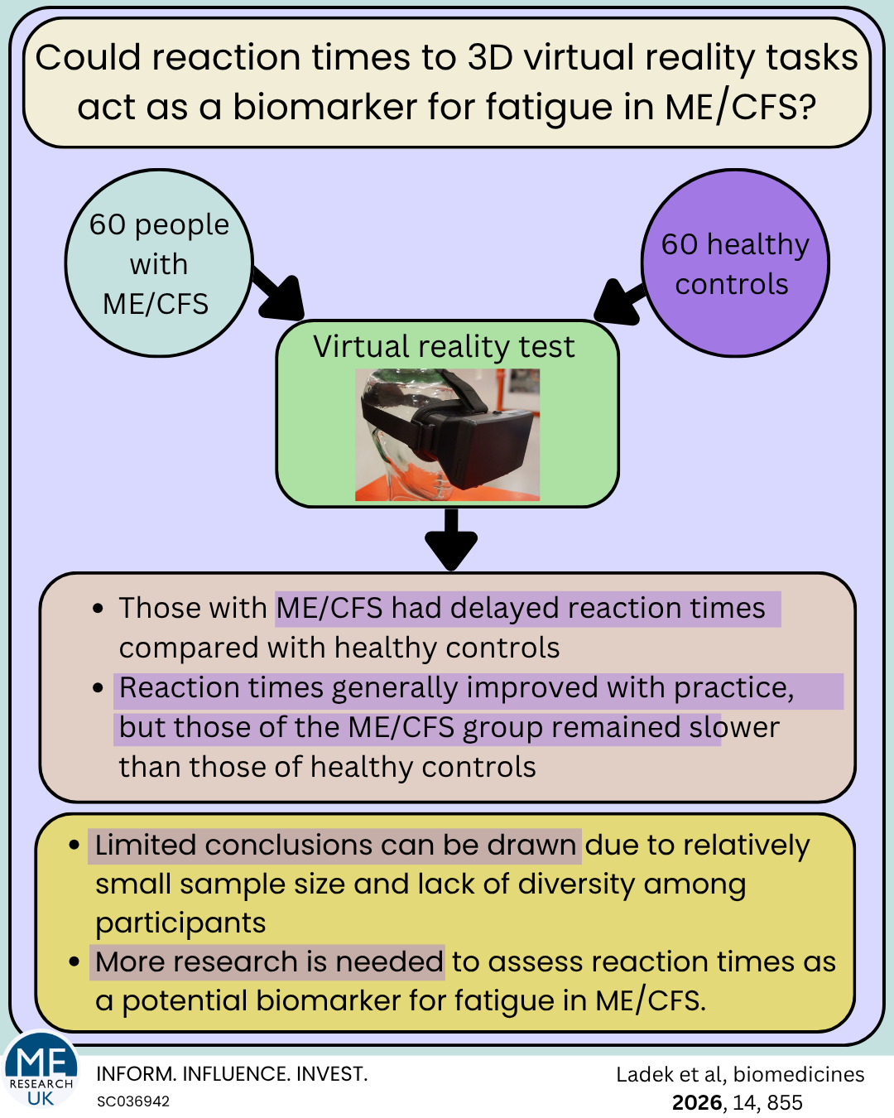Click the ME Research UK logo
[41, 1072]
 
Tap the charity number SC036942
[133, 1101]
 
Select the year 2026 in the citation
[696, 1102]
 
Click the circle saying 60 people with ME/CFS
[159, 263]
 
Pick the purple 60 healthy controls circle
[735, 263]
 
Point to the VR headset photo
[448, 435]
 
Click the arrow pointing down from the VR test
[451, 538]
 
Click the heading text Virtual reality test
[444, 346]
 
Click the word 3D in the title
[491, 58]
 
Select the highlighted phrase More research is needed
[268, 961]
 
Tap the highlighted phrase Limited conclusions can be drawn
[335, 845]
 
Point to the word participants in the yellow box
[180, 923]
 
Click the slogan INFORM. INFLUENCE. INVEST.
[232, 1074]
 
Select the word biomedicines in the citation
[799, 1074]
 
